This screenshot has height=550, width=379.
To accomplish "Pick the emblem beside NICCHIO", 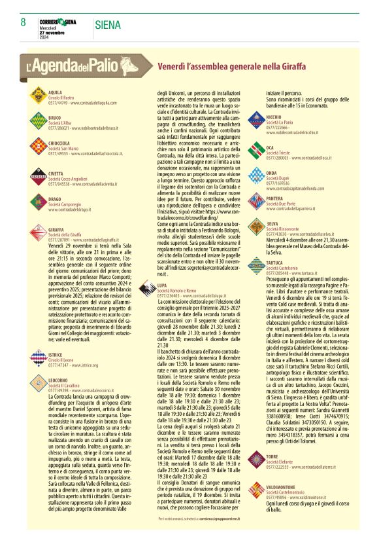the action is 256,120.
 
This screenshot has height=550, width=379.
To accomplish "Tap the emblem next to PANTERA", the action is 256,200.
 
